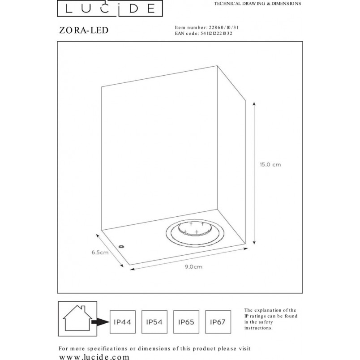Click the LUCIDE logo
pos(110,8)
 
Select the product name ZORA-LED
pos(84,30)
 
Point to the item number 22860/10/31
pos(223,28)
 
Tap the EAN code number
pos(216,34)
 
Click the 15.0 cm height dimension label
pos(270,165)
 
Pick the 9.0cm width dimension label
pos(193,267)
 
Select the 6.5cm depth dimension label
pos(100,253)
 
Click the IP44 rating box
pos(123,322)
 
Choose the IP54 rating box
pos(154,322)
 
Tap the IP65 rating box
pos(186,322)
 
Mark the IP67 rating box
pos(218,322)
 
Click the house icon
pos(77,318)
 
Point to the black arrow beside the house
pos(100,322)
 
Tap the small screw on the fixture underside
pos(121,247)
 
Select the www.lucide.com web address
pos(94,357)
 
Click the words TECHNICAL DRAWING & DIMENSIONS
pos(257,4)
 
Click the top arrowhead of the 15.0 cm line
pos(254,104)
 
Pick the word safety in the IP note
pos(266,322)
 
